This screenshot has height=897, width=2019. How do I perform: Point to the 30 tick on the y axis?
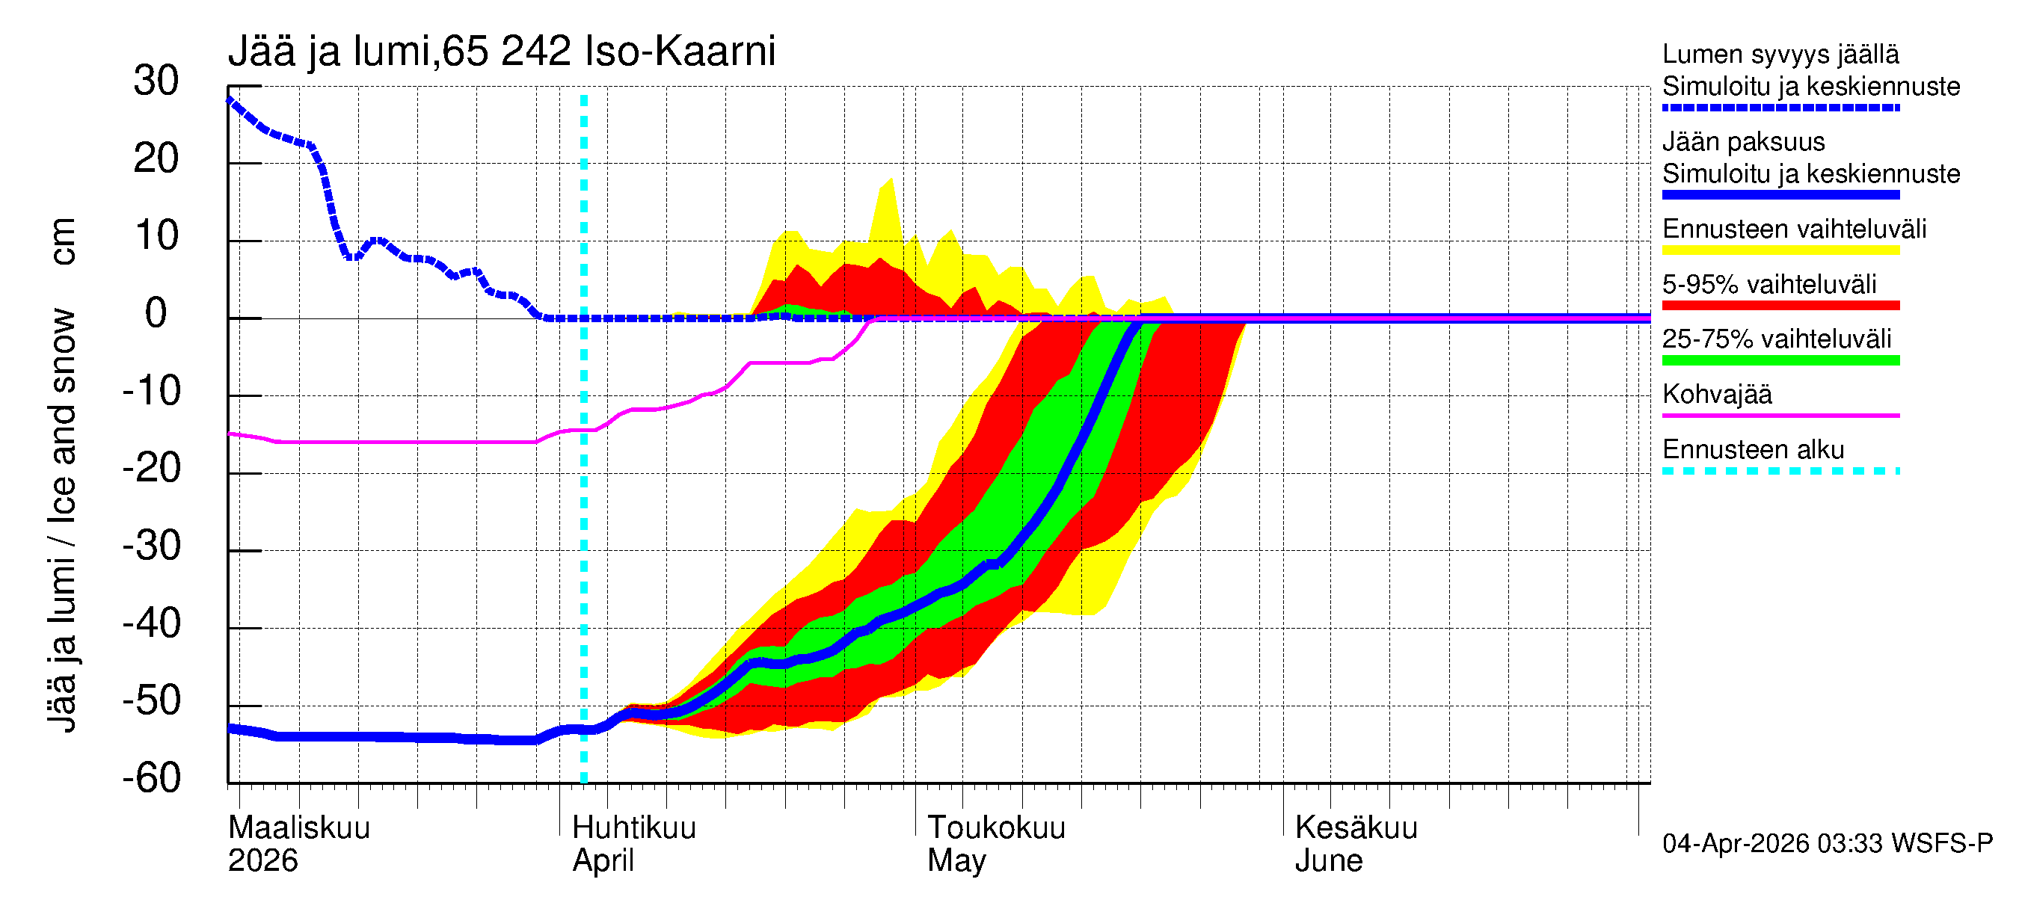click(x=156, y=81)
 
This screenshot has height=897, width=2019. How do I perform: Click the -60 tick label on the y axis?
click(x=152, y=778)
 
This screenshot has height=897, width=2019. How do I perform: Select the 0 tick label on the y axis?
click(x=156, y=313)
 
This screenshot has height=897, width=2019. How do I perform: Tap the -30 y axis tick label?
click(x=152, y=546)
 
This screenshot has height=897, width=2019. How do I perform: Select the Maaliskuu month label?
click(x=298, y=828)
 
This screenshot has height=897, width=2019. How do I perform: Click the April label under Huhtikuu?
click(x=603, y=861)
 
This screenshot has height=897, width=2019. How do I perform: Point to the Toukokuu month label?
click(x=996, y=828)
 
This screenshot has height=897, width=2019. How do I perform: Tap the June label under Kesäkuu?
click(x=1329, y=861)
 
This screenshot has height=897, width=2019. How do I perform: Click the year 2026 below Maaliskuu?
click(x=262, y=861)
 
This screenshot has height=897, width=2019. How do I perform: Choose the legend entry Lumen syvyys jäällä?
click(x=1780, y=55)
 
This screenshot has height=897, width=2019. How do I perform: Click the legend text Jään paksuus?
click(x=1743, y=142)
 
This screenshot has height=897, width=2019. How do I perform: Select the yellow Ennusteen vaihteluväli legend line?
click(x=1780, y=250)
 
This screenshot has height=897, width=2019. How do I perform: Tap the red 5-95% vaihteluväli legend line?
click(x=1780, y=306)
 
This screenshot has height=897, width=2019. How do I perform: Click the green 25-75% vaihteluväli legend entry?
click(x=1780, y=360)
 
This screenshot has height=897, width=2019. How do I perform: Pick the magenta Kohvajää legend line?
click(x=1780, y=415)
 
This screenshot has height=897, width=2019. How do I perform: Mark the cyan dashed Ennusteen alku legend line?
click(x=1780, y=471)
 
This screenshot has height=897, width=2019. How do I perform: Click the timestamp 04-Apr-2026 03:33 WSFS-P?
click(x=1827, y=844)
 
